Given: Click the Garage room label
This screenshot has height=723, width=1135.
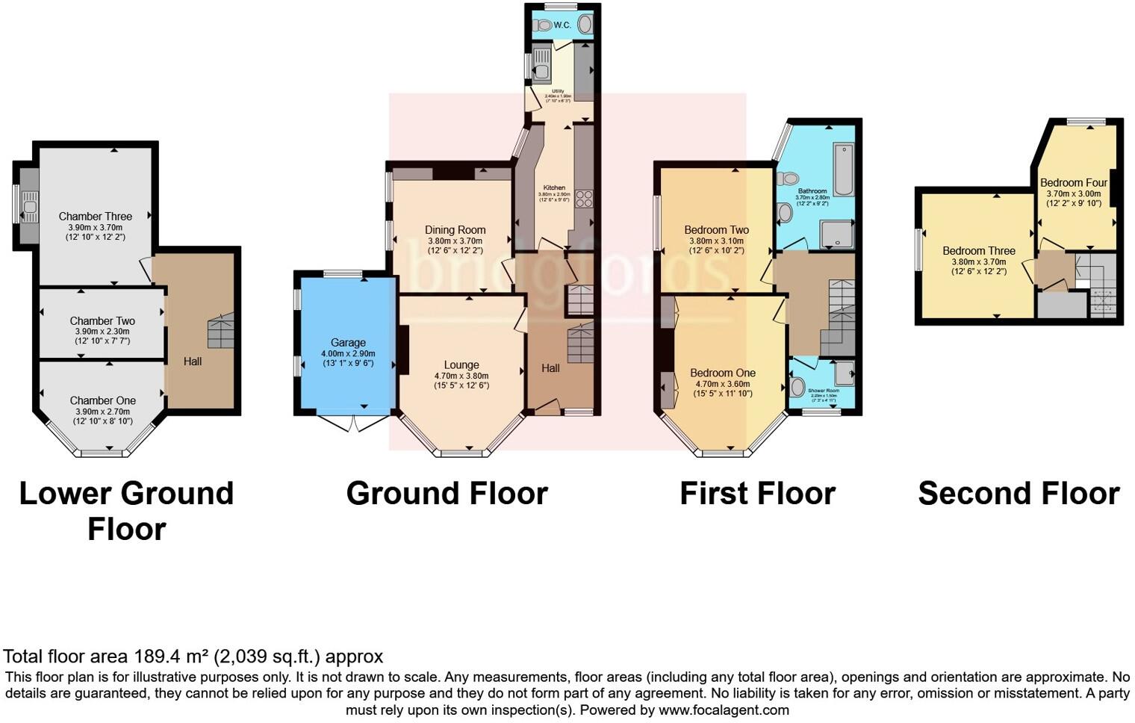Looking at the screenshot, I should tap(348, 343).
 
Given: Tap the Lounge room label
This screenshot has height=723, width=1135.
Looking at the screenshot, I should tap(461, 365).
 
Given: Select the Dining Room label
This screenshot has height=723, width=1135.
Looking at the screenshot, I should tap(455, 230).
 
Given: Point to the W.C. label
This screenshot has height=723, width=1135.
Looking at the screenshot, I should tap(562, 25).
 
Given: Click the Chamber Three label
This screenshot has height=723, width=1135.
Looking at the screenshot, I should tap(95, 217).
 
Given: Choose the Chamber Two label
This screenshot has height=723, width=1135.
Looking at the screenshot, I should tap(102, 320).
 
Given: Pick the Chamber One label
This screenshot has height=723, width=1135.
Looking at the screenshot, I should tap(102, 400).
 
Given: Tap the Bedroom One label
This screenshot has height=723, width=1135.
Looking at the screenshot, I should tap(722, 373).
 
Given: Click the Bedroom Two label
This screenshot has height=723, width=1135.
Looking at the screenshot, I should tap(716, 230).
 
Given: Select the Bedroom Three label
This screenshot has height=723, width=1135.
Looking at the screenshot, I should tap(978, 251).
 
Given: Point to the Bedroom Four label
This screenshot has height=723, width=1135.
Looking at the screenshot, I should tap(1073, 182).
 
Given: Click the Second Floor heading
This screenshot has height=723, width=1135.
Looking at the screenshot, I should tap(1019, 494).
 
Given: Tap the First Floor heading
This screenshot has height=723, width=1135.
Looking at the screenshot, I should tap(757, 494).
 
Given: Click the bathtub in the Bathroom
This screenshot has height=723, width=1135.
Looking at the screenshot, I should tap(844, 169).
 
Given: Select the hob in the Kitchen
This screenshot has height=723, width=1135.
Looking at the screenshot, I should tap(584, 199).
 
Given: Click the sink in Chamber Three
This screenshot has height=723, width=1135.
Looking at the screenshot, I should tap(30, 207).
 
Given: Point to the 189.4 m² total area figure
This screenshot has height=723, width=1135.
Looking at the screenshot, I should tap(171, 657).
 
